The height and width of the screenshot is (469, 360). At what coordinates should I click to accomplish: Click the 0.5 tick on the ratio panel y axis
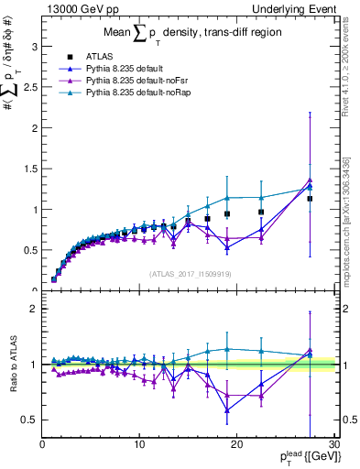29,420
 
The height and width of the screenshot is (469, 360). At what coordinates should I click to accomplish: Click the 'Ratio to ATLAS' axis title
12,365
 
